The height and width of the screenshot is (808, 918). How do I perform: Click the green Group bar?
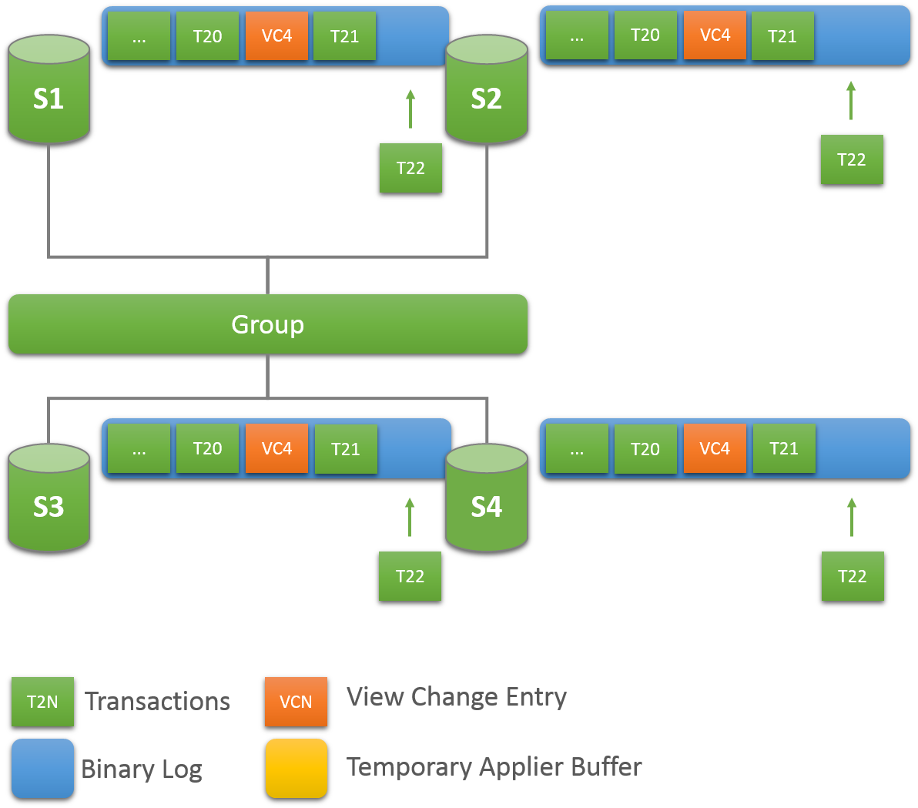[267, 324]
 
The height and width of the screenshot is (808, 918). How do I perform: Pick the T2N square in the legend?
[42, 702]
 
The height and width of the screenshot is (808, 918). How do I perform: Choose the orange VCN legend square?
[296, 702]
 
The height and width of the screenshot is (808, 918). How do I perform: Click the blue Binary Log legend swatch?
[42, 768]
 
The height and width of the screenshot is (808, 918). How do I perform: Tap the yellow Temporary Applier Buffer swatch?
[296, 768]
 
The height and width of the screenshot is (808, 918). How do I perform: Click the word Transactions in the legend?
[157, 702]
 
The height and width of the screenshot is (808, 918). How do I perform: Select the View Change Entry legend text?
[456, 697]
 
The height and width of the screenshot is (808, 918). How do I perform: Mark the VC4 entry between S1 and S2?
[276, 35]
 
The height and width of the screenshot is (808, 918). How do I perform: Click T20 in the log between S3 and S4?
[207, 448]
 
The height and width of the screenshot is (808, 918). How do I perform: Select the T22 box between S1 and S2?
[410, 168]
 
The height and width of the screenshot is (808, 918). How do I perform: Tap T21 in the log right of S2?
[782, 35]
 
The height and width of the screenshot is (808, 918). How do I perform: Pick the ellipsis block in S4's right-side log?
[577, 448]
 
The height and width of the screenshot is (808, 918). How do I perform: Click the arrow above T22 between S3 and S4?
[410, 517]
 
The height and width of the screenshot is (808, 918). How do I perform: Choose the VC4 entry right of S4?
[714, 448]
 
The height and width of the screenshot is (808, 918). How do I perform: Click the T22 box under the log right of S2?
[852, 159]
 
